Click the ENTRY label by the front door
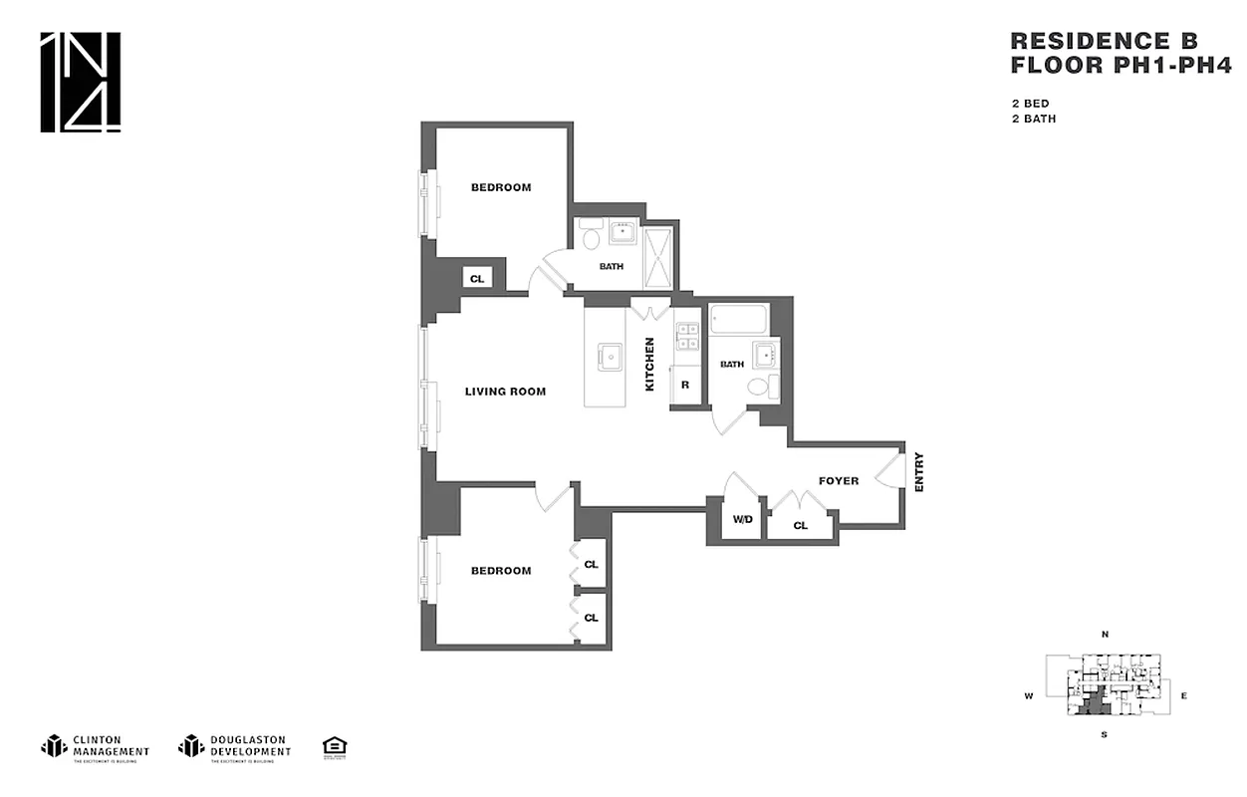pyautogui.click(x=918, y=471)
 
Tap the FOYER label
pyautogui.click(x=839, y=481)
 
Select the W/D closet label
pyautogui.click(x=742, y=519)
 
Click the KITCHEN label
pyautogui.click(x=649, y=364)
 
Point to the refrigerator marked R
pyautogui.click(x=685, y=385)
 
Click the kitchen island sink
pyautogui.click(x=606, y=356)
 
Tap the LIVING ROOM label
pyautogui.click(x=505, y=392)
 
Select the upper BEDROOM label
pyautogui.click(x=501, y=187)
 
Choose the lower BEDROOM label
pyautogui.click(x=501, y=571)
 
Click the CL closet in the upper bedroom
pyautogui.click(x=477, y=279)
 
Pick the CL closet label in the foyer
pyautogui.click(x=801, y=525)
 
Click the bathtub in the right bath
pyautogui.click(x=738, y=322)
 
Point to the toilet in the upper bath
pyautogui.click(x=590, y=237)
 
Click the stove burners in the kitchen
pyautogui.click(x=685, y=337)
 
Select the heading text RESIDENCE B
pyautogui.click(x=1104, y=41)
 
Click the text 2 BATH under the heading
pyautogui.click(x=1033, y=119)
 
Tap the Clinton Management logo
pyautogui.click(x=96, y=747)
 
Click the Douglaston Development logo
pyautogui.click(x=235, y=747)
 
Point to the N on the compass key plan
pyautogui.click(x=1105, y=635)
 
